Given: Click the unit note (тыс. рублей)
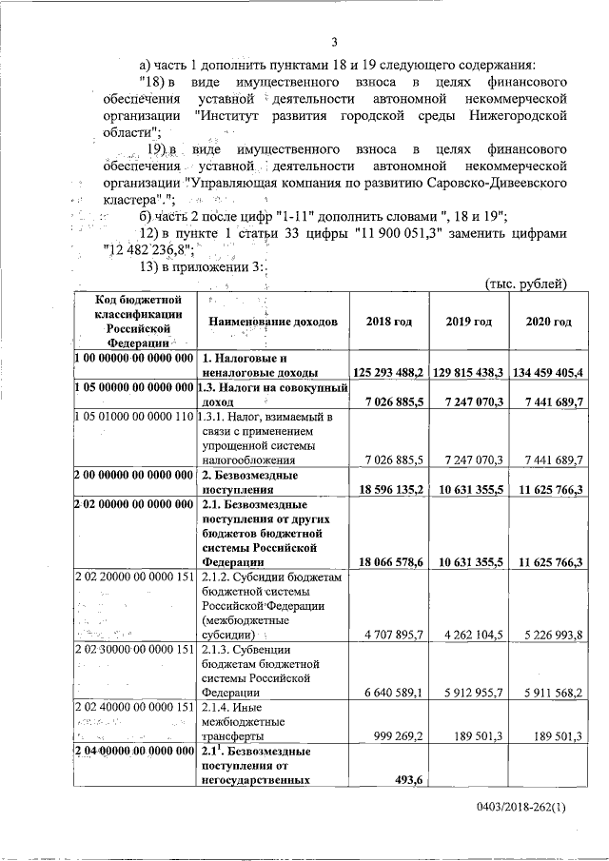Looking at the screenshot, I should pos(525,283).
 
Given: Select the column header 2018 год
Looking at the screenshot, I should pos(388,322).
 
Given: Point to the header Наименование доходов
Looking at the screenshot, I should pos(272,322).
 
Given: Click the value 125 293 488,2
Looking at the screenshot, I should pos(387,372).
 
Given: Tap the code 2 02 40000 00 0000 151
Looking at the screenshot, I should pos(133,709).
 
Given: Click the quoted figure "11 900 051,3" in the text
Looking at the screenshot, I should pos(415,232).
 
